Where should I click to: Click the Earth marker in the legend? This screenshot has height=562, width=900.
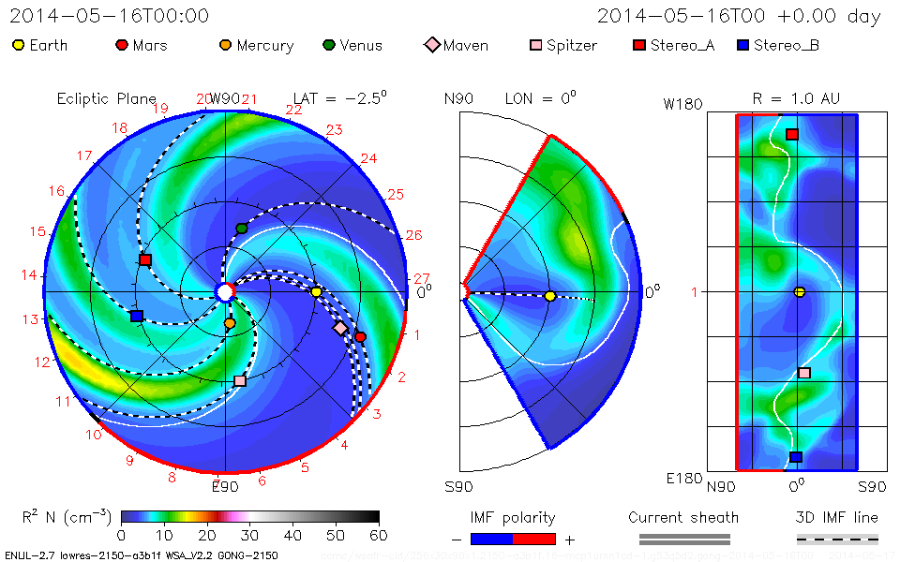pos(18,45)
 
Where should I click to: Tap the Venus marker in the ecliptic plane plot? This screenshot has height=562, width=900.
pos(242,228)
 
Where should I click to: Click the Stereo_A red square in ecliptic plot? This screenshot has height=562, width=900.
pos(144,259)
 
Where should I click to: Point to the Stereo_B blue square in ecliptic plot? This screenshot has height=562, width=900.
pos(137,317)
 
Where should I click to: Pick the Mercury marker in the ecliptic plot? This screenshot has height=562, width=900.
pos(230,323)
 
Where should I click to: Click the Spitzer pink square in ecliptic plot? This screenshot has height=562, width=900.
pos(240,380)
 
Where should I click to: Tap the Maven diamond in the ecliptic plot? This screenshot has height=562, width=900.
pos(340,328)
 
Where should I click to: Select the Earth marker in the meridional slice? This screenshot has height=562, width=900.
pos(550,296)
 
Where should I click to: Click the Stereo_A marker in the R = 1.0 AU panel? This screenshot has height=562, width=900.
pos(792,135)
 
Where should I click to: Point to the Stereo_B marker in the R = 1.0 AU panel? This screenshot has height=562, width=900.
pos(796,457)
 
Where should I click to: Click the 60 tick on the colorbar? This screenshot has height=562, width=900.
pos(379,535)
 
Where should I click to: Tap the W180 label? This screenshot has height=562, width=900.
pos(682,105)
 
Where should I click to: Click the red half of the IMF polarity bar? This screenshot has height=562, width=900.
pos(534,539)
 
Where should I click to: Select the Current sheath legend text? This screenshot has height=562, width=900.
pos(683,517)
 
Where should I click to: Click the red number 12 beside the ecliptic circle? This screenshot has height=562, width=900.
pos(42,362)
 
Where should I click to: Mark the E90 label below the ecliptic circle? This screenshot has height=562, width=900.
pos(225,486)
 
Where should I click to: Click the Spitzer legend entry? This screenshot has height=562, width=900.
pos(562,45)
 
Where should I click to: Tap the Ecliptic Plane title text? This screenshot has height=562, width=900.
pos(106,98)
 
